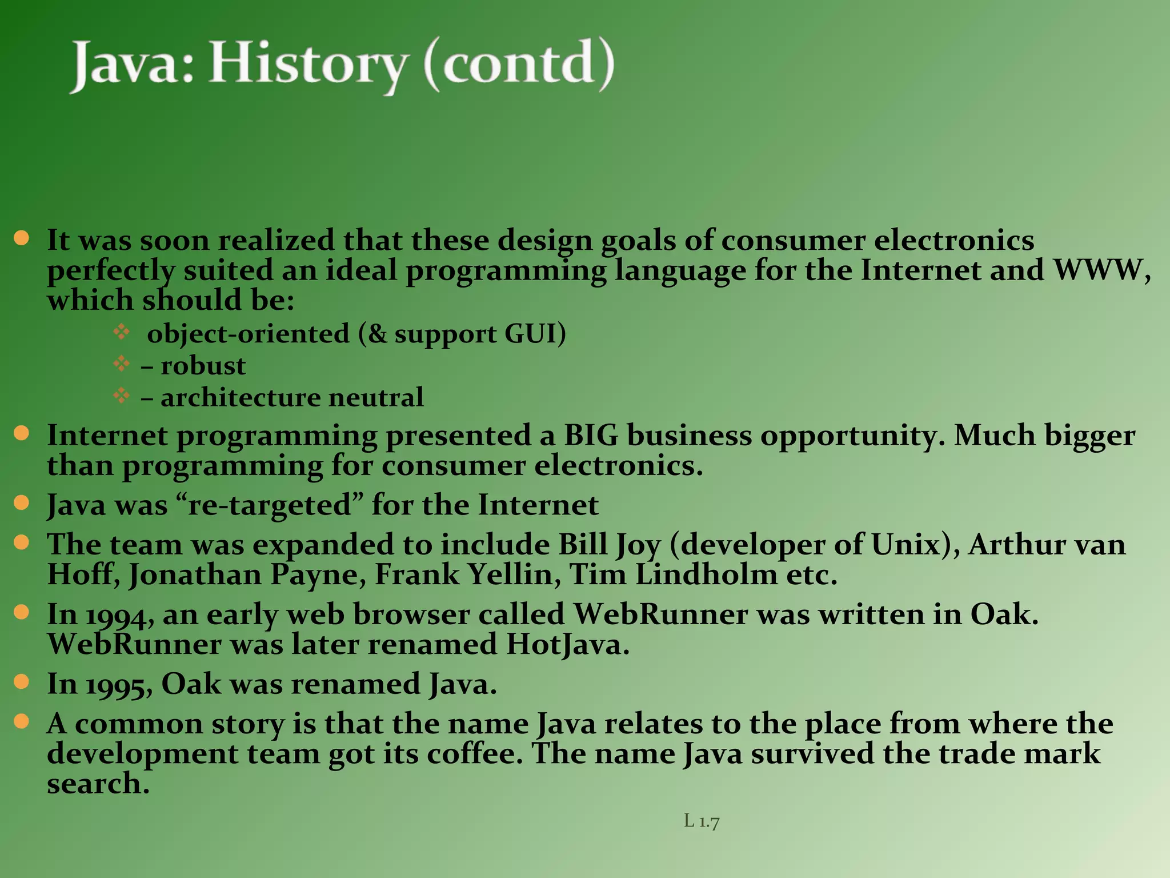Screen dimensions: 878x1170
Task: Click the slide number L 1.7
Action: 702,821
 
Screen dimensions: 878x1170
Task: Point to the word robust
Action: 203,366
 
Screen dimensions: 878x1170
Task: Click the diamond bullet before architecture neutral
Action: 121,396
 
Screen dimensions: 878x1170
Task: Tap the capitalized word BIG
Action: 591,436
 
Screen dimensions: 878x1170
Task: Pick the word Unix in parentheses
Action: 905,544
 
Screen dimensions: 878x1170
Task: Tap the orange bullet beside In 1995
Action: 21,681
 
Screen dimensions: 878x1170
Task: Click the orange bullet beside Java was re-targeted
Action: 21,502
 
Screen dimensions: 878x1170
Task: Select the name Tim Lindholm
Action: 674,574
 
